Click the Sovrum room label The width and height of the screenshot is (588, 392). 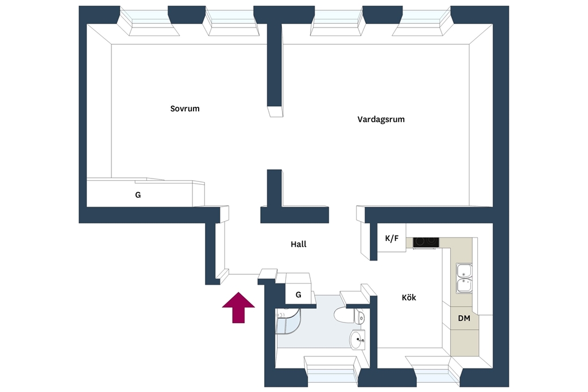(185, 108)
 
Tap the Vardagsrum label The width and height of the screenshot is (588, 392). (381, 119)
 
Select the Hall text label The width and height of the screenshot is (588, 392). (299, 244)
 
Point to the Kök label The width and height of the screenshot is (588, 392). (409, 297)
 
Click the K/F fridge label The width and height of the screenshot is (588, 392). (392, 238)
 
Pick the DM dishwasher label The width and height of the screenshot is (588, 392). (464, 318)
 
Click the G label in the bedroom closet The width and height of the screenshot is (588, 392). (138, 195)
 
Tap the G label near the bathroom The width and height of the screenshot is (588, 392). (299, 295)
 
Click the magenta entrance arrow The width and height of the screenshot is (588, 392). (238, 308)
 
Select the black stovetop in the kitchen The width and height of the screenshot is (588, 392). (425, 242)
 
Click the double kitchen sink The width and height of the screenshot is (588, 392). (464, 278)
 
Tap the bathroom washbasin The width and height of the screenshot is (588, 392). (357, 340)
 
